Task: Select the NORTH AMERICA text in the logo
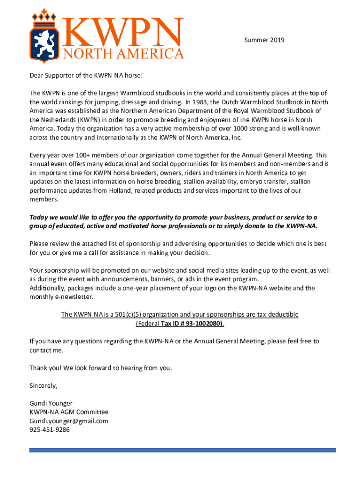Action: [124, 53]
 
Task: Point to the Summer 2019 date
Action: [264, 40]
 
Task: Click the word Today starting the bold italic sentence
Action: [39, 217]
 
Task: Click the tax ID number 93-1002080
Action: [204, 323]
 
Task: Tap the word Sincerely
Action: [43, 386]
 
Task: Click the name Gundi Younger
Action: [51, 403]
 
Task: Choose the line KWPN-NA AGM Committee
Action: [69, 412]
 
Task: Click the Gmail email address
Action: [69, 421]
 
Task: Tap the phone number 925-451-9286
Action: [50, 430]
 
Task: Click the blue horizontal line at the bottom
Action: [182, 450]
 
